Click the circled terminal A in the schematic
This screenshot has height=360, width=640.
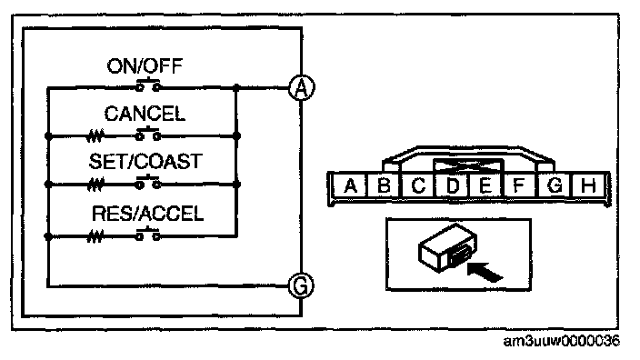pos(301,88)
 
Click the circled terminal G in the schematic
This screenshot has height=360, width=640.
pos(301,285)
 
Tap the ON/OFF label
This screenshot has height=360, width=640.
pos(145,66)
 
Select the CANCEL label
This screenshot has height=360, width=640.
pos(145,114)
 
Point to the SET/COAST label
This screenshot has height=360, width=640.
pos(145,161)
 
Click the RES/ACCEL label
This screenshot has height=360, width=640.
pos(147,214)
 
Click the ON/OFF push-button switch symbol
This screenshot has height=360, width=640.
pos(148,84)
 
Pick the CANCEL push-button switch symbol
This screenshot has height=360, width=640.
pos(148,133)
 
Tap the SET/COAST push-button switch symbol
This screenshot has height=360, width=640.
pos(148,182)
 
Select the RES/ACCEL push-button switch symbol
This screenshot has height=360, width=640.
pos(148,234)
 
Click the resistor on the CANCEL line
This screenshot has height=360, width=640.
pos(95,136)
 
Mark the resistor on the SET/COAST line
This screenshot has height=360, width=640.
pos(95,185)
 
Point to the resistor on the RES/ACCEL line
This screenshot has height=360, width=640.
pos(95,236)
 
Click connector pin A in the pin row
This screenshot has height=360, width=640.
pos(350,186)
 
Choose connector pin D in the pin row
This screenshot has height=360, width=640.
pos(452,186)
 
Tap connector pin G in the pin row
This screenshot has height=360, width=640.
pos(555,186)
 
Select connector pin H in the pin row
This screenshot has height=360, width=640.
pos(588,186)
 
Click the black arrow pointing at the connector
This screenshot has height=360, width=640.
pos(484,272)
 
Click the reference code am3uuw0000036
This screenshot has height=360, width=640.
pos(561,341)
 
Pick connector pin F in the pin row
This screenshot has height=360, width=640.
pos(520,186)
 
